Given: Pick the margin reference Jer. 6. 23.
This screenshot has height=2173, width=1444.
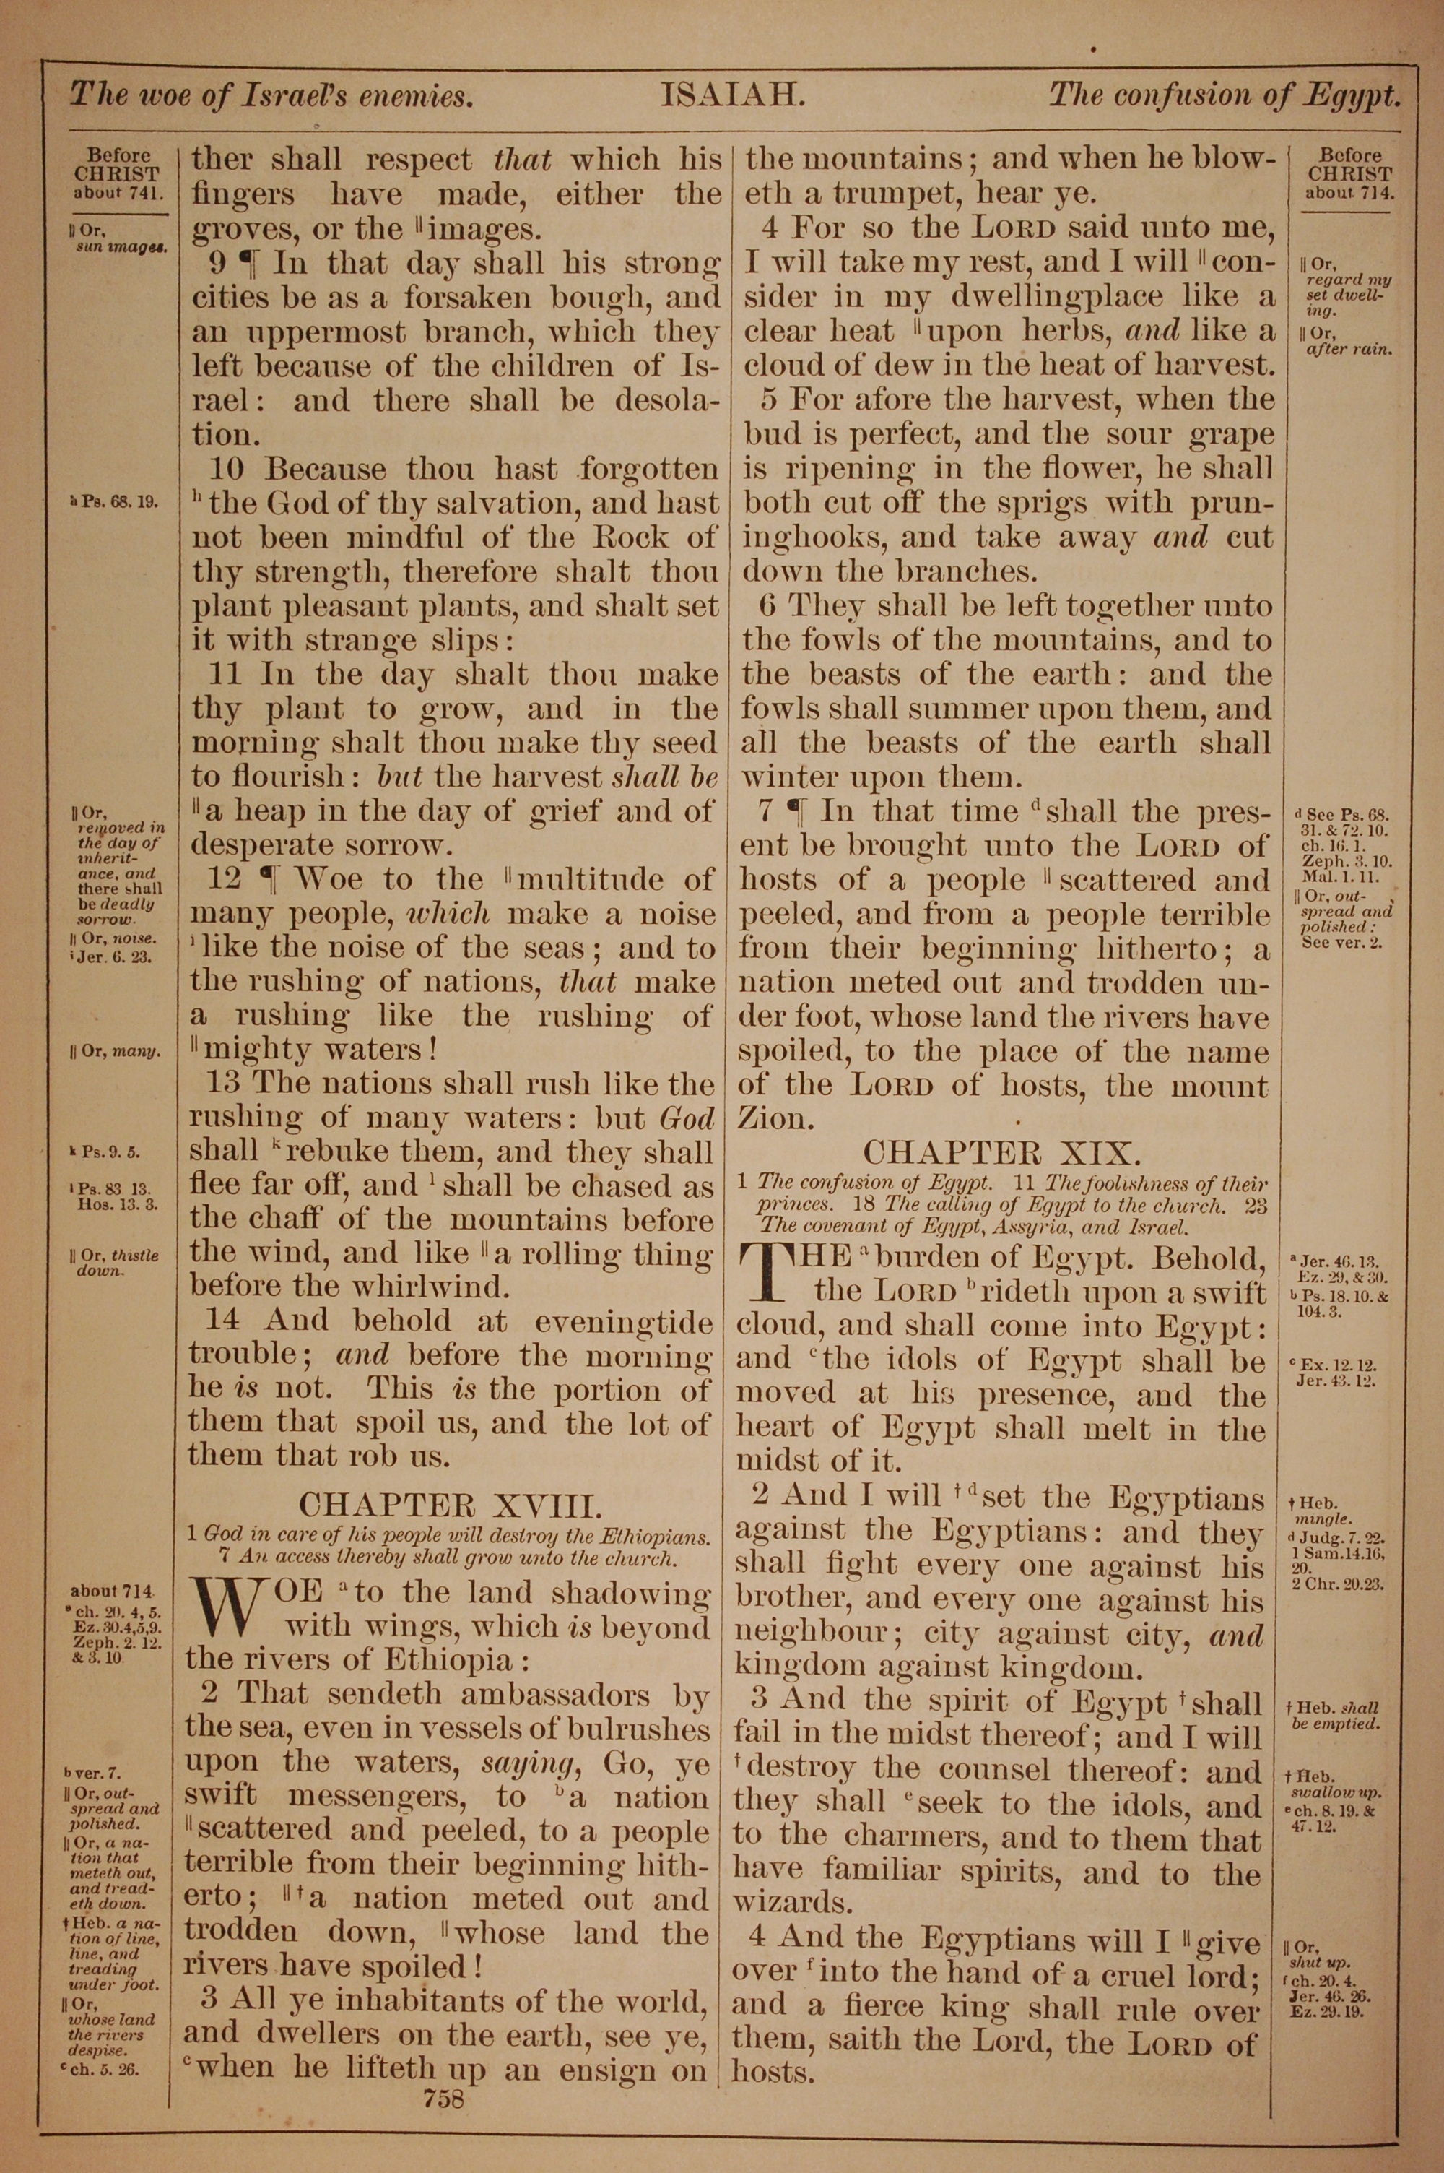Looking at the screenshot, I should (117, 956).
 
